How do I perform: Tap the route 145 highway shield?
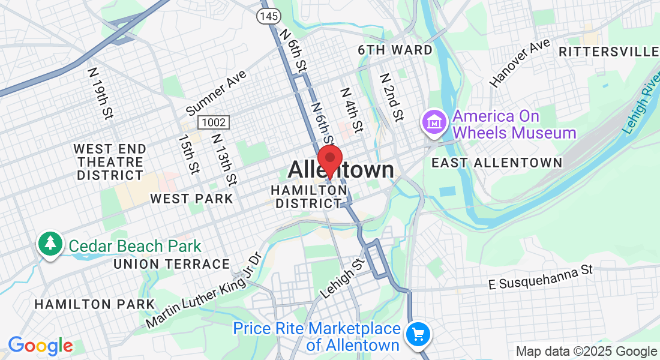pos(268,16)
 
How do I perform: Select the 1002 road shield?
pos(214,122)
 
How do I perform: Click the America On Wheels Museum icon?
pos(433,122)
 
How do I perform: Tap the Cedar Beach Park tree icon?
pos(50,244)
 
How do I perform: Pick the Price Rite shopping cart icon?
pos(418,335)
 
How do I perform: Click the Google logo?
pos(40,346)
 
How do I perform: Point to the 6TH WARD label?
pos(395,50)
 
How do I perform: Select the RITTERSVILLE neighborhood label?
pos(608,52)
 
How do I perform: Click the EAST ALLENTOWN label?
pos(497,163)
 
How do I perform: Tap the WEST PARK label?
pos(191,199)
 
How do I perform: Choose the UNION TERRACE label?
pos(172,264)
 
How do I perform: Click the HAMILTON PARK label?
pos(94,304)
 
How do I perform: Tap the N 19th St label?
pos(100,93)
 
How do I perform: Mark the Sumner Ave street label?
pos(216,93)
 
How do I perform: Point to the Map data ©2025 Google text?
pos(586,352)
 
